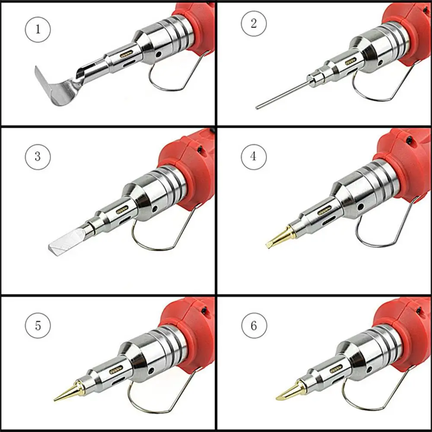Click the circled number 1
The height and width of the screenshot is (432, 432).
[38, 29]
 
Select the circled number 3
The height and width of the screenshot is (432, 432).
[38, 156]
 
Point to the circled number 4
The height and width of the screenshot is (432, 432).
[254, 156]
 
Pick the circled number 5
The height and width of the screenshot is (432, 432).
[38, 325]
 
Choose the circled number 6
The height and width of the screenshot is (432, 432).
[254, 325]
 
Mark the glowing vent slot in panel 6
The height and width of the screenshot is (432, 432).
[336, 369]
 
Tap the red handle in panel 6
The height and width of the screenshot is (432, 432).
[402, 328]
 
